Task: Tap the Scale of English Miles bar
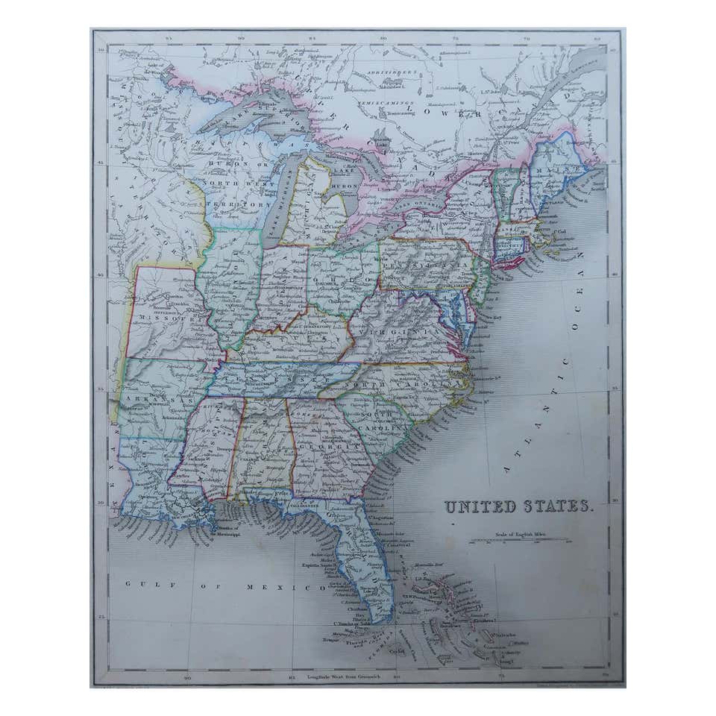pos(520,541)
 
